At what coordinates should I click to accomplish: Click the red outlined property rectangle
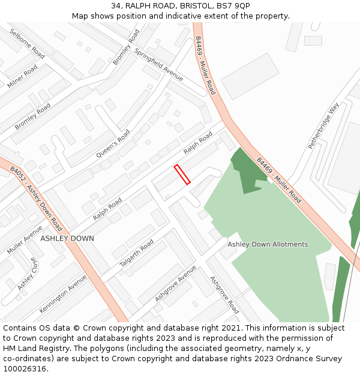(x=182, y=174)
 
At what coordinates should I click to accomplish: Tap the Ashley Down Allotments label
(x=268, y=244)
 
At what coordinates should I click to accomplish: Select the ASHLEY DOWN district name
(x=67, y=238)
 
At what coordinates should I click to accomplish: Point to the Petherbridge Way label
(x=324, y=125)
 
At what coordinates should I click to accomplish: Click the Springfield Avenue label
(x=159, y=64)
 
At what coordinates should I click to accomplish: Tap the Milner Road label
(x=22, y=76)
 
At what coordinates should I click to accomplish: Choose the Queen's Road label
(x=113, y=144)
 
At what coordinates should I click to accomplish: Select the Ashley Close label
(x=27, y=274)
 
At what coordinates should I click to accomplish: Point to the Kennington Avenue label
(x=63, y=293)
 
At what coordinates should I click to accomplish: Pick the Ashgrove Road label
(x=224, y=295)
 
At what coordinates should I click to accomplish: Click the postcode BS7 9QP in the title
(x=233, y=6)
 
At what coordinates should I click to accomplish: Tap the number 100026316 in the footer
(x=23, y=368)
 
